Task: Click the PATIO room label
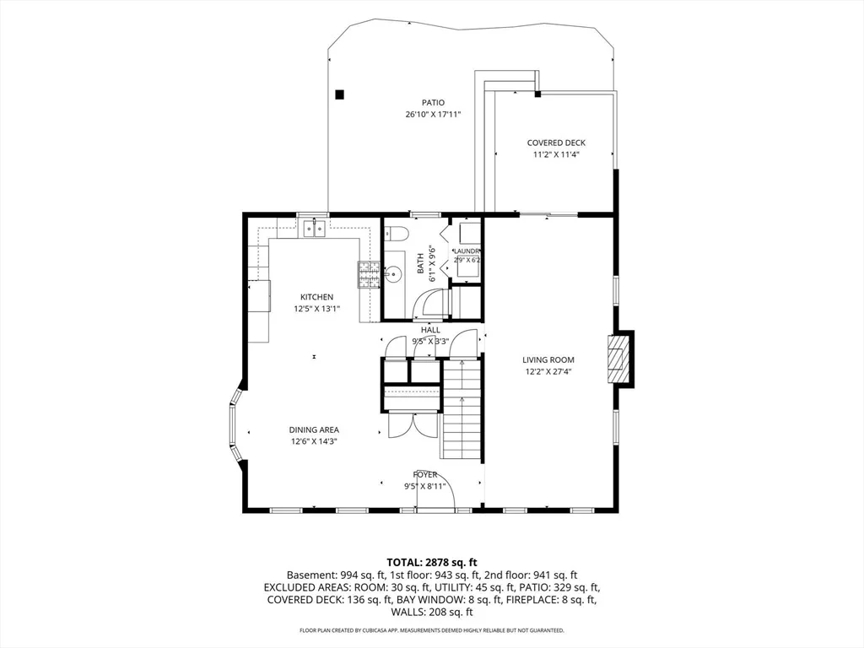[x=433, y=102]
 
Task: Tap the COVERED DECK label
[x=556, y=143]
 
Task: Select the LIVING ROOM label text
[x=548, y=359]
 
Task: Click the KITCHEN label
[x=317, y=297]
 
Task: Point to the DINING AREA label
[x=314, y=429]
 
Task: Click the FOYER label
[x=425, y=474]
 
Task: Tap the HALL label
[x=430, y=330]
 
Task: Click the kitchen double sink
[x=315, y=228]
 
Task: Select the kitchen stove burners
[x=370, y=274]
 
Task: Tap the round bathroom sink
[x=395, y=272]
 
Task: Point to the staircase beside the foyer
[x=462, y=408]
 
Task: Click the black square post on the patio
[x=340, y=94]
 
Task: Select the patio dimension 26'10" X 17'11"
[x=433, y=115]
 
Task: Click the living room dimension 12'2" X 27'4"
[x=548, y=371]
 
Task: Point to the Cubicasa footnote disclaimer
[x=431, y=629]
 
